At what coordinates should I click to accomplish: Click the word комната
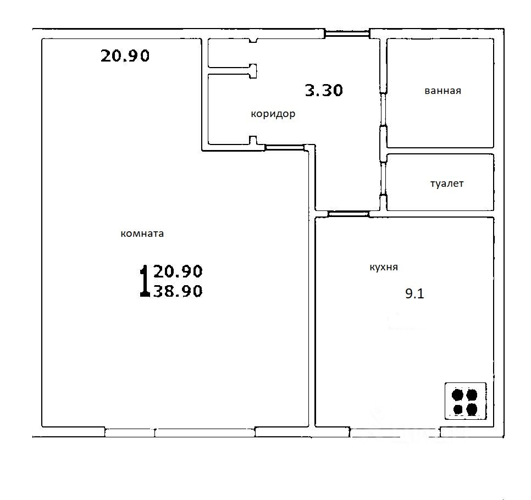142,234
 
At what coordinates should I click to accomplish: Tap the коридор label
273,114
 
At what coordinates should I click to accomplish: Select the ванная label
442,91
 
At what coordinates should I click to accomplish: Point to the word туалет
447,184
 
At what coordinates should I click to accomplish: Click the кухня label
383,268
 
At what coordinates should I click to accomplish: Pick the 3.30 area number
324,91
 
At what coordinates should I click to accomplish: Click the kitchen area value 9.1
414,293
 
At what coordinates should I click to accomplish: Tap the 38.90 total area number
178,291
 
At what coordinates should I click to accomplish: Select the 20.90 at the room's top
125,55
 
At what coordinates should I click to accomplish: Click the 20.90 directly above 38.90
178,271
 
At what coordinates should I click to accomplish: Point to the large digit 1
145,281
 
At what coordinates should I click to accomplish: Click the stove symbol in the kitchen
465,401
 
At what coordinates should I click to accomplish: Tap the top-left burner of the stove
457,395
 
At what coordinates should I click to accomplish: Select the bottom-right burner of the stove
472,409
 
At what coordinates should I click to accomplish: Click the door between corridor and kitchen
349,214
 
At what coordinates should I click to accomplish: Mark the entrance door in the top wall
347,34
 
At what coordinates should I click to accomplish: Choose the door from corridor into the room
285,147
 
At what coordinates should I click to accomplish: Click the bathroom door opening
383,109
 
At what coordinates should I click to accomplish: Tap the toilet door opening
383,179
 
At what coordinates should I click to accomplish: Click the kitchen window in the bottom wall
395,432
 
